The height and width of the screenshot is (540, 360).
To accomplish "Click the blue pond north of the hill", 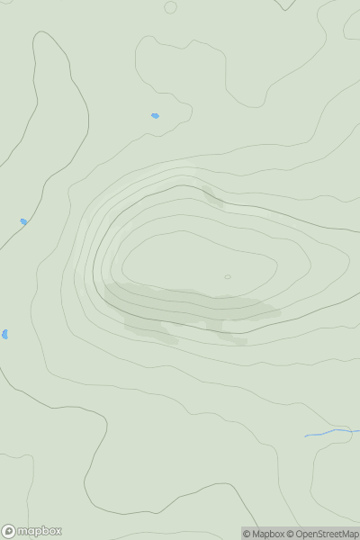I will pyautogui.click(x=155, y=115).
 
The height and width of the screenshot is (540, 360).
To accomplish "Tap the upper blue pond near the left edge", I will pyautogui.click(x=23, y=221).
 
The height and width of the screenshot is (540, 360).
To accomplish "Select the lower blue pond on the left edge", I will pyautogui.click(x=4, y=334).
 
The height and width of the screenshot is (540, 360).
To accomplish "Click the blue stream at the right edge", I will pyautogui.click(x=337, y=432).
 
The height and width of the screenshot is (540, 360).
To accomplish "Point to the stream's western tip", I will pyautogui.click(x=306, y=436).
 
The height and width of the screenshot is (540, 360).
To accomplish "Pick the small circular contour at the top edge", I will pyautogui.click(x=170, y=7).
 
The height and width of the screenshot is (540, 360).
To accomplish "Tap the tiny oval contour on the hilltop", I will pyautogui.click(x=228, y=276).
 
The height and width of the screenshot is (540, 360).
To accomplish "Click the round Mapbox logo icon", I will pyautogui.click(x=8, y=531).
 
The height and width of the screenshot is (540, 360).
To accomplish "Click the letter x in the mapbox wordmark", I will pyautogui.click(x=58, y=531).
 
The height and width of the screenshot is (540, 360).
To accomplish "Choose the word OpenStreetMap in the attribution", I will pyautogui.click(x=327, y=534).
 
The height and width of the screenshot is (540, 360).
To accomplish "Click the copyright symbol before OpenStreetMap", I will pyautogui.click(x=291, y=534).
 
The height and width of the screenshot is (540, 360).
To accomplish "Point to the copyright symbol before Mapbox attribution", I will pyautogui.click(x=247, y=534).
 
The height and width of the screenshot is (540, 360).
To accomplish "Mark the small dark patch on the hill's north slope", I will pyautogui.click(x=213, y=196).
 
